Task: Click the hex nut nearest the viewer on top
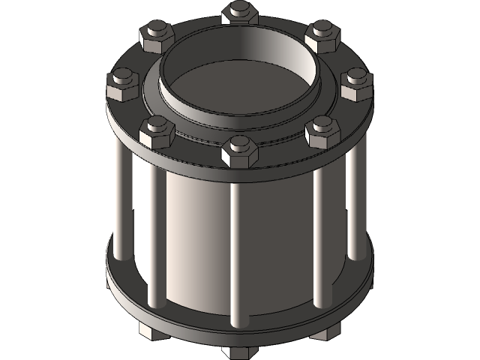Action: pyautogui.click(x=239, y=151)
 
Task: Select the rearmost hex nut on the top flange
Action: pyautogui.click(x=240, y=13)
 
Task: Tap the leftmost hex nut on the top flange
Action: pyautogui.click(x=123, y=82)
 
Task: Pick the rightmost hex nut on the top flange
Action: pyautogui.click(x=356, y=83)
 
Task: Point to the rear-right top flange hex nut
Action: pyautogui.click(x=322, y=34)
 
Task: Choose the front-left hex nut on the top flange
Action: pyautogui.click(x=157, y=130)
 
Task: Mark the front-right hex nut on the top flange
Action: pyautogui.click(x=322, y=131)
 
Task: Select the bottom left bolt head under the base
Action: pyautogui.click(x=147, y=331)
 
